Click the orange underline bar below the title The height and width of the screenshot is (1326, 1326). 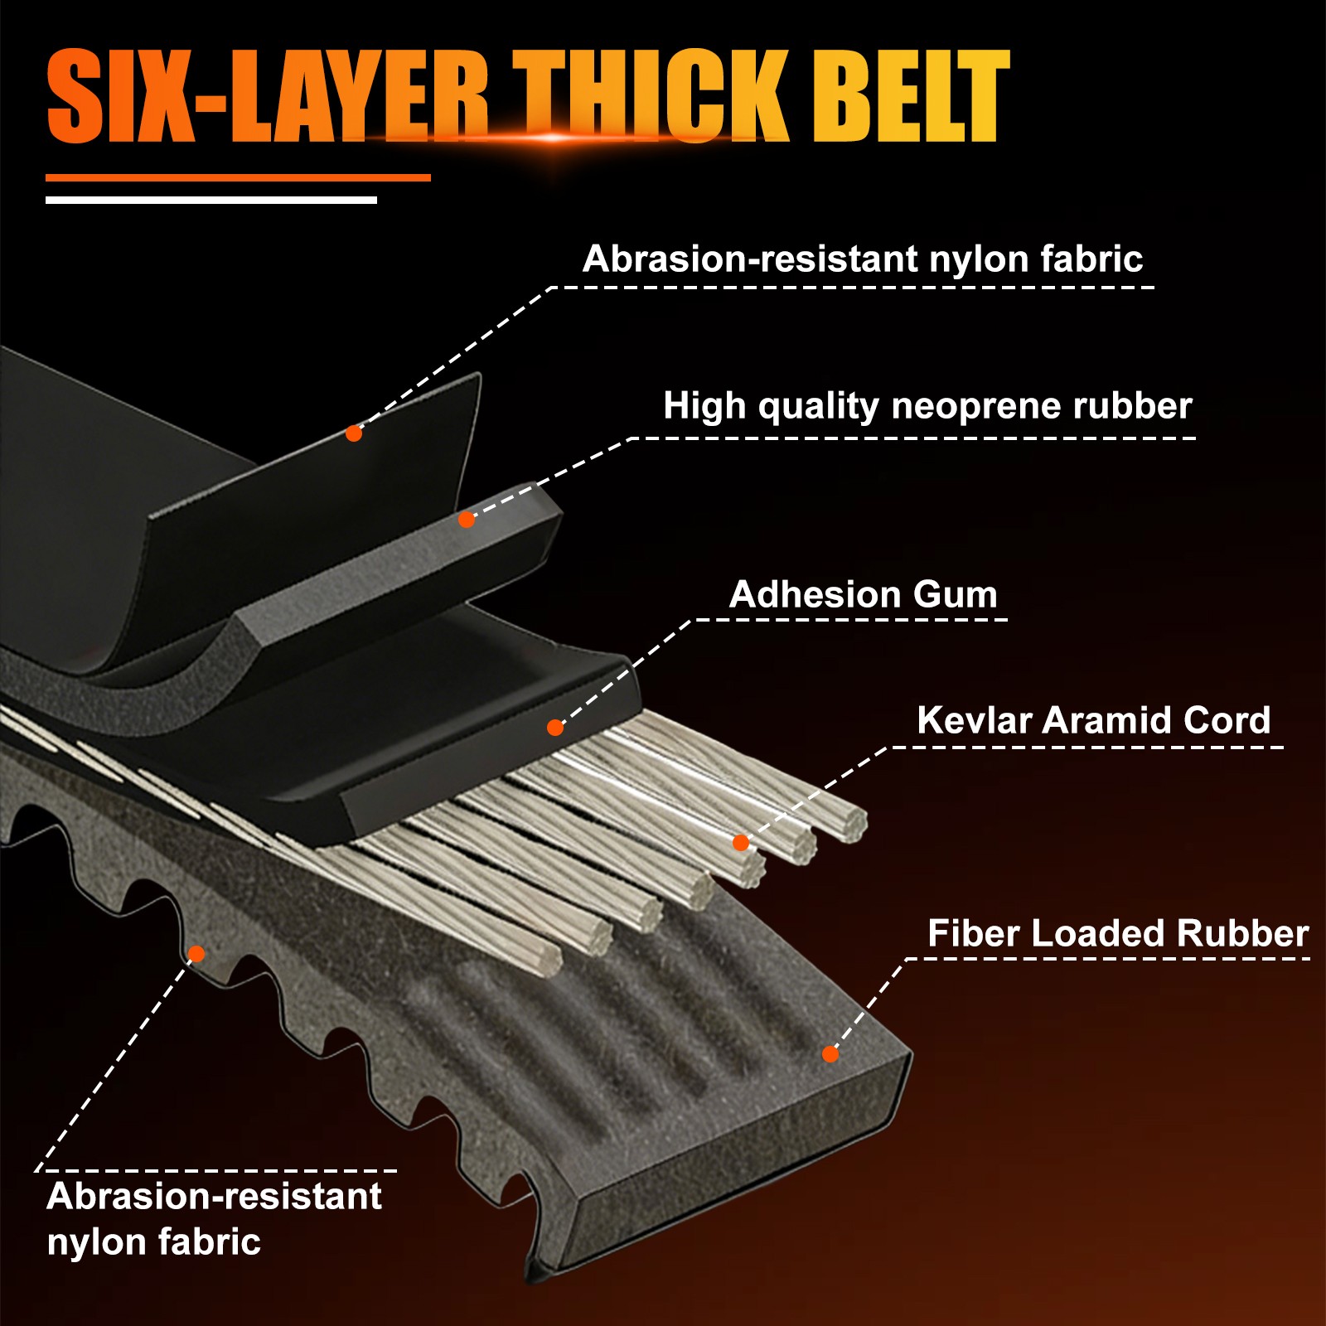238,177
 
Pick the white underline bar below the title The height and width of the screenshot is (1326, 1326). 211,200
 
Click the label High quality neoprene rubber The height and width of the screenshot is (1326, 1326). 927,406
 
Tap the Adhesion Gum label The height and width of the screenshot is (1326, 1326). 864,594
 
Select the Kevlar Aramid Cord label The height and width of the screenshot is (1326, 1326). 1093,720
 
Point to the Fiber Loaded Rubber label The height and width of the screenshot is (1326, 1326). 1118,933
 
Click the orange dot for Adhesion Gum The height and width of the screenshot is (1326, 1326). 555,728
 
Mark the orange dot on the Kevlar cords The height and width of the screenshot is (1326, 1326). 741,843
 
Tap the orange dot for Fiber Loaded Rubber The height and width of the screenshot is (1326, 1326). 830,1054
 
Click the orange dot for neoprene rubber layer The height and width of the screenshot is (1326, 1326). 467,520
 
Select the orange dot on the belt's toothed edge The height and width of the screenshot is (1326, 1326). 196,954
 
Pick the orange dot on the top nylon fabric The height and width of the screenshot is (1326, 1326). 354,433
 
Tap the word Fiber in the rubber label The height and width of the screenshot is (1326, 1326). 973,933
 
